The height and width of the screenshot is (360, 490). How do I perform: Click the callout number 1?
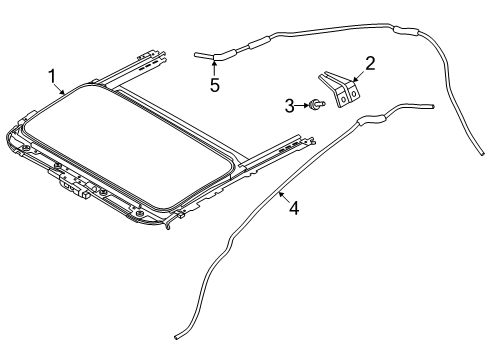pyautogui.click(x=51, y=76)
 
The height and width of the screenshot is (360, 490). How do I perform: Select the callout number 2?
pyautogui.click(x=369, y=64)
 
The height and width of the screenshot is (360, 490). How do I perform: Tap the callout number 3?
pyautogui.click(x=290, y=104)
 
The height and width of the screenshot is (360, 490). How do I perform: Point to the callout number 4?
pyautogui.click(x=292, y=208)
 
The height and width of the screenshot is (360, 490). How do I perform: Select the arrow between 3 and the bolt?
pyautogui.click(x=302, y=104)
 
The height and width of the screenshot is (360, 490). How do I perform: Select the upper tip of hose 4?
pyautogui.click(x=431, y=104)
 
